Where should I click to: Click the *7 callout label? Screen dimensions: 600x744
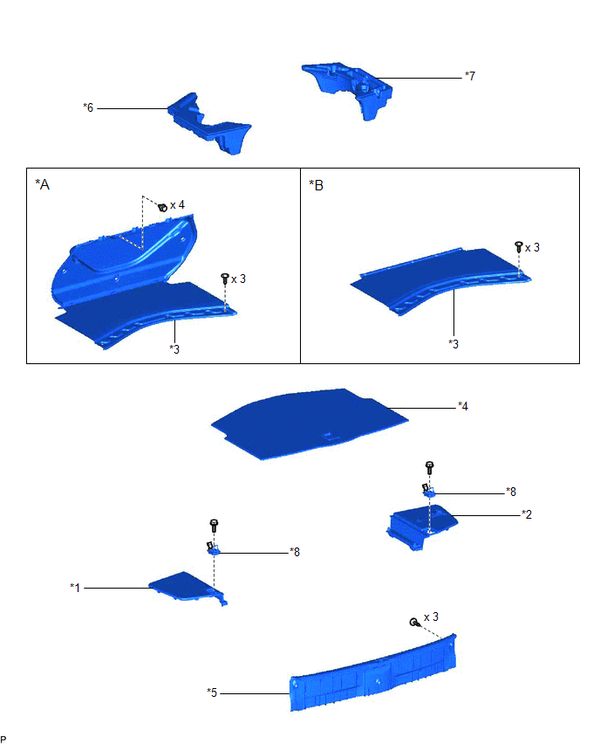tap(470, 76)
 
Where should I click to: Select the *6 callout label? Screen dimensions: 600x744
tap(88, 107)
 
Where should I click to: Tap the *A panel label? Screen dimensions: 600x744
tap(42, 184)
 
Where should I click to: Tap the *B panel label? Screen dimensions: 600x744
tap(316, 185)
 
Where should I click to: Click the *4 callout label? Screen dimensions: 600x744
tap(463, 406)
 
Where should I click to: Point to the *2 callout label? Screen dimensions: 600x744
tap(527, 514)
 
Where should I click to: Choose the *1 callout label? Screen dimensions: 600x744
tap(75, 588)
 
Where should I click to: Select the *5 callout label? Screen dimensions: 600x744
tap(212, 692)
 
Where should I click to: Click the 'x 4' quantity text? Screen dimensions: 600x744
tap(177, 205)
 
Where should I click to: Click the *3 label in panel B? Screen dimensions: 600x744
tap(453, 344)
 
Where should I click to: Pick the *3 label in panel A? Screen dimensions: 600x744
tap(174, 349)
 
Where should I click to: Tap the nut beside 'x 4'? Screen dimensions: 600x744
tap(162, 206)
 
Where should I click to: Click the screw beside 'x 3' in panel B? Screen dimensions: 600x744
tap(519, 247)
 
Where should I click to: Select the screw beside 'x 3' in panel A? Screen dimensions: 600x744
tap(225, 279)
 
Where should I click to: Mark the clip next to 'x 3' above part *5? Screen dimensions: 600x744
tap(414, 622)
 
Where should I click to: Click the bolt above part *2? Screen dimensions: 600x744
tap(429, 467)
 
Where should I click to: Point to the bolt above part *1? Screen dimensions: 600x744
tap(214, 526)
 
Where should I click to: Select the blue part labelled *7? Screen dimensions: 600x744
tap(348, 88)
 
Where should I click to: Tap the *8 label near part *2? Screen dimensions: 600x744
tap(511, 492)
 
